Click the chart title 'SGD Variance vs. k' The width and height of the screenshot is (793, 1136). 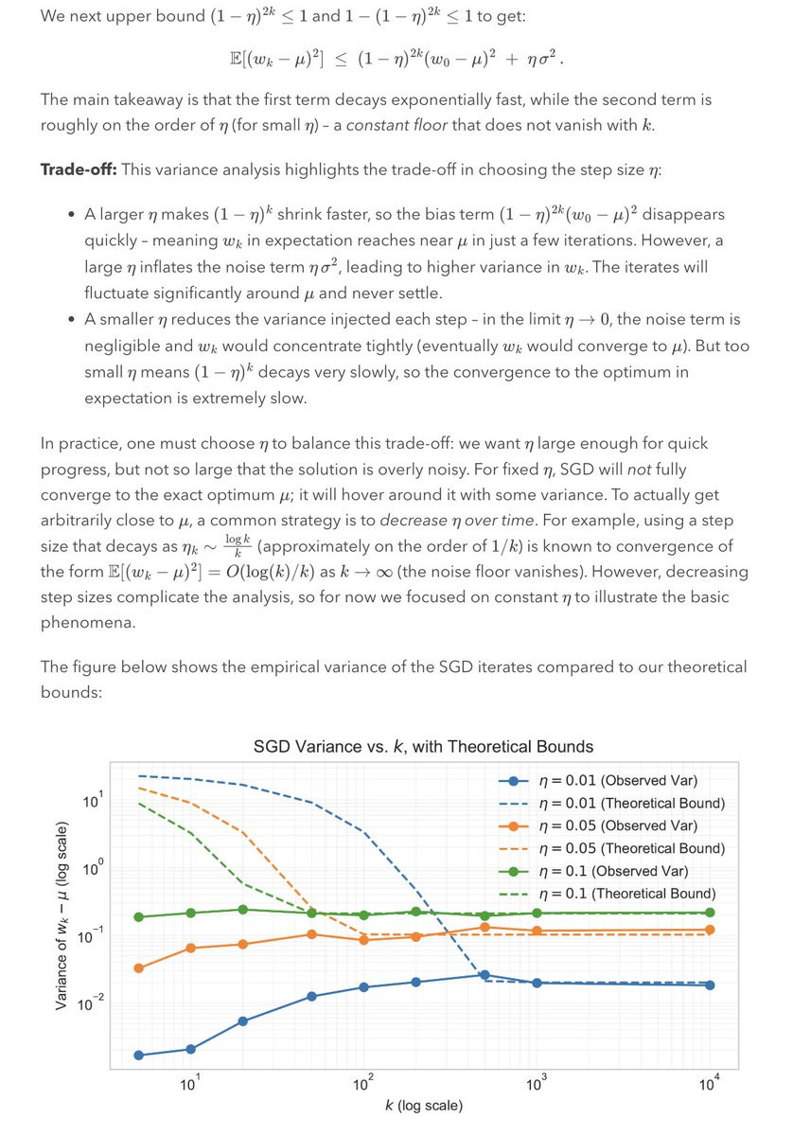pyautogui.click(x=423, y=746)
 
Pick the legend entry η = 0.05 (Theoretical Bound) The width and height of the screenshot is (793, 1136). pyautogui.click(x=629, y=848)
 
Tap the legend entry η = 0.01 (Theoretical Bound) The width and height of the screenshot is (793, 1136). pyautogui.click(x=629, y=804)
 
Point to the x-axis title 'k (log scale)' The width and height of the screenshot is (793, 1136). pyautogui.click(x=424, y=1105)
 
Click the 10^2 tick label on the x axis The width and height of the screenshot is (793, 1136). pyautogui.click(x=361, y=1084)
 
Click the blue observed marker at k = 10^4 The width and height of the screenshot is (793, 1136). pyautogui.click(x=710, y=985)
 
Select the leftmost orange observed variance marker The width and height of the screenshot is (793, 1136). pyautogui.click(x=139, y=967)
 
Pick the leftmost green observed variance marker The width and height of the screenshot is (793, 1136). pyautogui.click(x=139, y=916)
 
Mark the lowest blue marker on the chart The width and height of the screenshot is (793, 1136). pyautogui.click(x=139, y=1055)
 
